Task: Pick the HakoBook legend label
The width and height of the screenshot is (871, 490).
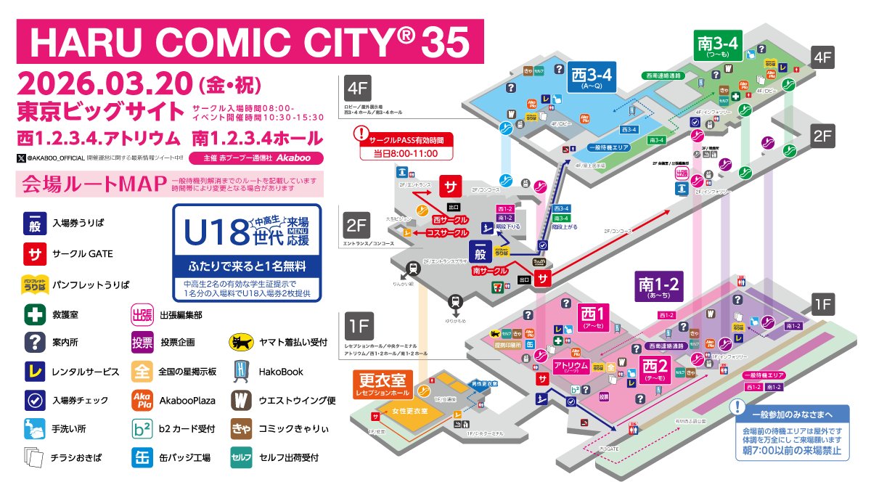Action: [281, 371]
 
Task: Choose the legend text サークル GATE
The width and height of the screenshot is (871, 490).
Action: [81, 254]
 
